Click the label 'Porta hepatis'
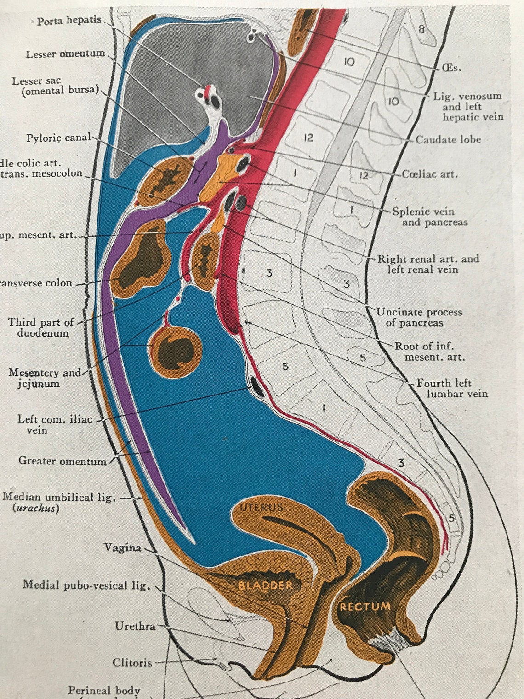pos(68,21)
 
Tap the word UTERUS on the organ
pos(261,508)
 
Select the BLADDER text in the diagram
pos(265,585)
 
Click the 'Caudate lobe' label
pos(448,139)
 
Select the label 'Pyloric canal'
pos(58,137)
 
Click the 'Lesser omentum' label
pos(65,54)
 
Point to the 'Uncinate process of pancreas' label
pos(419,317)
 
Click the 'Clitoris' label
pos(132,663)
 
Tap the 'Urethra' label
pos(135,626)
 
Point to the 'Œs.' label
pos(451,68)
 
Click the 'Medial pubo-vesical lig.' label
pos(86,585)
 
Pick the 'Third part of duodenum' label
pos(40,327)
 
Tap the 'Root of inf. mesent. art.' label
pos(429,351)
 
